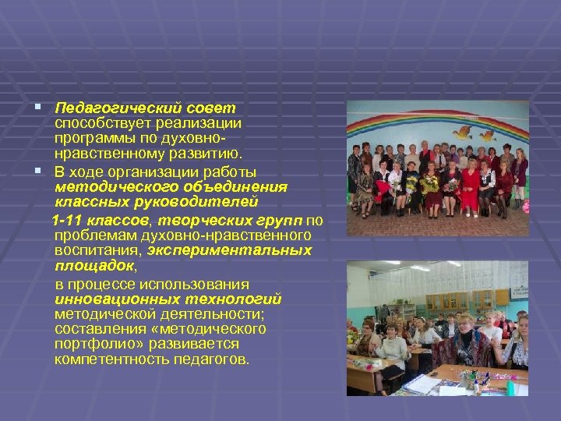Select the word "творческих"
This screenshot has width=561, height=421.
189,220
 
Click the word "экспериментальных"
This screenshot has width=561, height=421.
238,250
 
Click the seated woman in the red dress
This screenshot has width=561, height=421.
470,187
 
